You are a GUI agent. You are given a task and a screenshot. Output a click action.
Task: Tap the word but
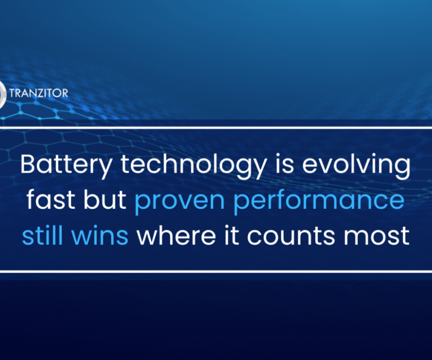pos(105,200)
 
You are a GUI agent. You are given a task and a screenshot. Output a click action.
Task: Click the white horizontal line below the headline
pos(216,271)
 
